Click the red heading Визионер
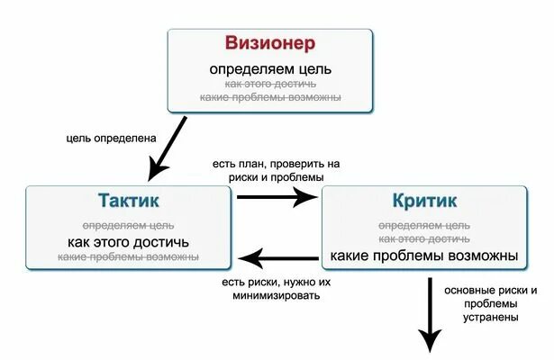[x=270, y=42]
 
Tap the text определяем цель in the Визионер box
[x=270, y=68]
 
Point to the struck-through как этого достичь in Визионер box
[x=270, y=83]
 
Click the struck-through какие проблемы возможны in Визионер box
[x=270, y=96]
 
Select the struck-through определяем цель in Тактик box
[x=128, y=225]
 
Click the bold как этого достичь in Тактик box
[x=128, y=242]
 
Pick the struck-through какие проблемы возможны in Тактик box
[x=128, y=257]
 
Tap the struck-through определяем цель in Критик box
[x=424, y=224]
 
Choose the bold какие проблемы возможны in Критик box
[x=424, y=256]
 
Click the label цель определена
[x=112, y=139]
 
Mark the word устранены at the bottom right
[x=492, y=318]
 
